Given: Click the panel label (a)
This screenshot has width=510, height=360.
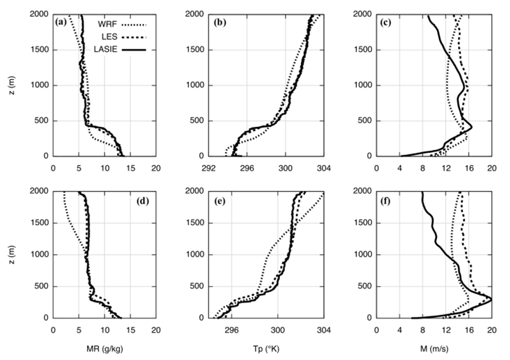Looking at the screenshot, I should pos(62,22).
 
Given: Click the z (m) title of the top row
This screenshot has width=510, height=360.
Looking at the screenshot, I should pos(8,85).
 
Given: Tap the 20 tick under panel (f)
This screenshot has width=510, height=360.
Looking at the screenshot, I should pos(491,330).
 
